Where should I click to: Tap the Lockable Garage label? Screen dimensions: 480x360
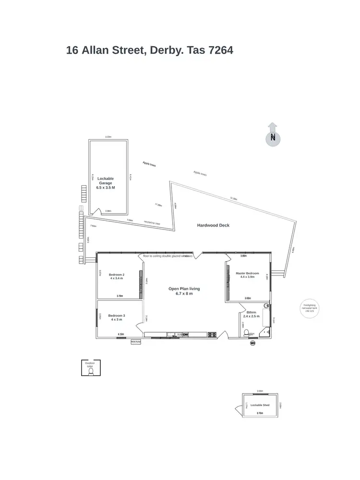tap(106, 183)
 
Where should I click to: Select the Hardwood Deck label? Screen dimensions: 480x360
tap(214, 225)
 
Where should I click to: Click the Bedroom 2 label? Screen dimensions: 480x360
tap(117, 276)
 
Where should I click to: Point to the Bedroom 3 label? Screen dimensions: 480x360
tap(117, 317)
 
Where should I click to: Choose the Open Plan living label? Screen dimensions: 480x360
tap(184, 291)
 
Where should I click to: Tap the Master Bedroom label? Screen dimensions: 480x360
tap(248, 275)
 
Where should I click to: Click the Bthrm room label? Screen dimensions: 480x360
tap(251, 314)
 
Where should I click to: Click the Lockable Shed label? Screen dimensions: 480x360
tap(260, 405)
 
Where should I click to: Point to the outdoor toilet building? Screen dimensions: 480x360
tap(90, 368)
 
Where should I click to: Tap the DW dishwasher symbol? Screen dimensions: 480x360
tap(185, 335)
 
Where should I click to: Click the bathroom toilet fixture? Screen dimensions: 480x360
tap(246, 333)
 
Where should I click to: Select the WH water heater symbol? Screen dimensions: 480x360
tap(252, 343)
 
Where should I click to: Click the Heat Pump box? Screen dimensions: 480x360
tap(136, 342)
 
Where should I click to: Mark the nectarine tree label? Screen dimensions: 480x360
tap(152, 222)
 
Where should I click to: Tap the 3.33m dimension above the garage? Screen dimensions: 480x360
tap(108, 137)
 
